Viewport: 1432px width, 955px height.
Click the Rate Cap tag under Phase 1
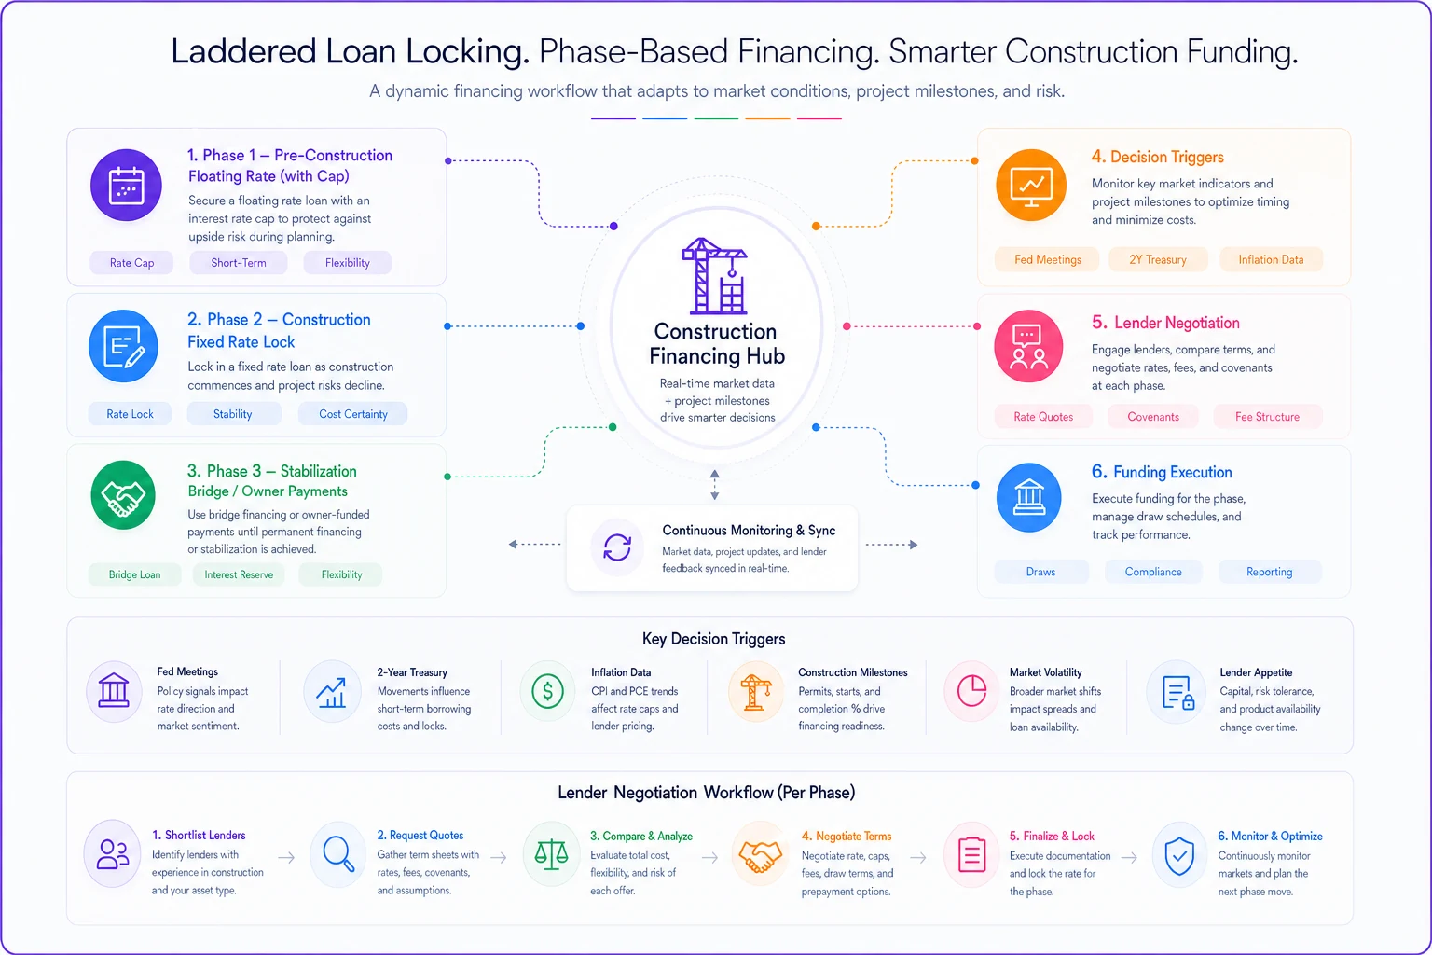coord(131,262)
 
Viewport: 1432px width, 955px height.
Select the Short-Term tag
coord(239,262)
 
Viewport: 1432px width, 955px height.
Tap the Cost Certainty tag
coord(353,414)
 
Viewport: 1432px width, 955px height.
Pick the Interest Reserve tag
coord(239,574)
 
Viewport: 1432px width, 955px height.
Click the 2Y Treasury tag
coord(1158,259)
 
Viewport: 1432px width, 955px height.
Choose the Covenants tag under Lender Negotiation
coord(1153,416)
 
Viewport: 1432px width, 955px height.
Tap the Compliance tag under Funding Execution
coord(1153,572)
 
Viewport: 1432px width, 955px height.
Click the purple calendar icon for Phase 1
coord(126,186)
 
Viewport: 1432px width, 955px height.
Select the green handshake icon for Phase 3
coord(123,495)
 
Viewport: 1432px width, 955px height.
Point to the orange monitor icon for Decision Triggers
coord(1031,186)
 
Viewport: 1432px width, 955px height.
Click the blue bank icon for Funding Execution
coord(1028,497)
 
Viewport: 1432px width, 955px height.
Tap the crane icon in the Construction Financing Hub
coord(715,276)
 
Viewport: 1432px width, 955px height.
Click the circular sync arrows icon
coord(617,547)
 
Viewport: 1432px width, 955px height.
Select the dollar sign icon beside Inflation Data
coord(548,691)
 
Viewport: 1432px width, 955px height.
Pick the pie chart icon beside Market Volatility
coord(971,691)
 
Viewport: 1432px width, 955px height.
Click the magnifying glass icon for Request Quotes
coord(338,854)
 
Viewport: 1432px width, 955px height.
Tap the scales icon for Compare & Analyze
coord(551,854)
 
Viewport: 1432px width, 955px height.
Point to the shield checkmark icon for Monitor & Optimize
coord(1179,855)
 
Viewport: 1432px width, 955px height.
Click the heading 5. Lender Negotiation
coord(1165,323)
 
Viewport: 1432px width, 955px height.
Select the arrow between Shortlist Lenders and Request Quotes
coord(286,857)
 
